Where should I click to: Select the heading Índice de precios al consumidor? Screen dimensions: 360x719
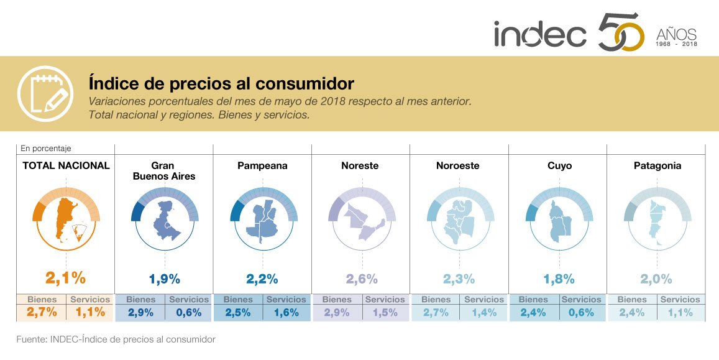[221, 83]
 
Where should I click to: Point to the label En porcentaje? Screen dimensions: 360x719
[46, 149]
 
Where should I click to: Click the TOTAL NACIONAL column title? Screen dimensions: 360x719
[66, 166]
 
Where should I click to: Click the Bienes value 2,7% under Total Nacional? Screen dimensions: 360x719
[42, 313]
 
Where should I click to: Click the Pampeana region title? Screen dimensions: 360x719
[262, 166]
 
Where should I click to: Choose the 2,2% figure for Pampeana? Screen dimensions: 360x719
[262, 279]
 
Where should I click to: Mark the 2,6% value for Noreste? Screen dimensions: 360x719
[360, 279]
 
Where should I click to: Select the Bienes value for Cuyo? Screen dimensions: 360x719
[533, 313]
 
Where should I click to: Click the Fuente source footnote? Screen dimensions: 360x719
[116, 339]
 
